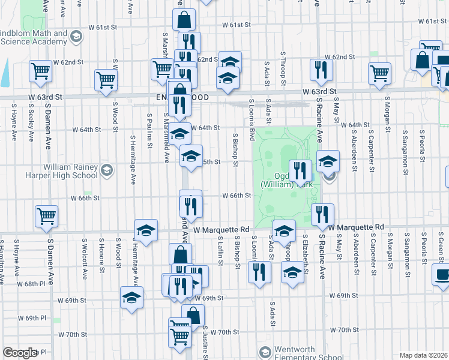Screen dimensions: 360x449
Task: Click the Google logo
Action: coord(20,353)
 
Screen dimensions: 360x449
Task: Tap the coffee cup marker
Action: coord(442,274)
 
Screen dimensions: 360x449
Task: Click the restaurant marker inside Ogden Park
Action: coord(301,170)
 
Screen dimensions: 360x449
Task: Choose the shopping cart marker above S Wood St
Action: coord(106,80)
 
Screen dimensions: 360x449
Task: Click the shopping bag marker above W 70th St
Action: coord(193,315)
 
